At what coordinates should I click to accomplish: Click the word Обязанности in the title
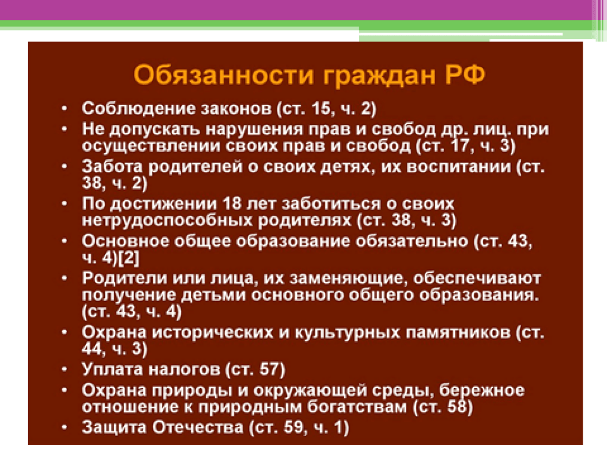pyautogui.click(x=223, y=75)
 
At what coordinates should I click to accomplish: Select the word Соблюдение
pyautogui.click(x=138, y=108)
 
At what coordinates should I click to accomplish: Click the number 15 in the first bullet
pyautogui.click(x=321, y=108)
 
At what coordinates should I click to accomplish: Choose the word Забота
pyautogui.click(x=113, y=166)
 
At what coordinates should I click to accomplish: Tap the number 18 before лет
pyautogui.click(x=232, y=204)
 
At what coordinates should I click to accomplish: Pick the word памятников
pyautogui.click(x=455, y=332)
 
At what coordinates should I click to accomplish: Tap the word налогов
pyautogui.click(x=184, y=370)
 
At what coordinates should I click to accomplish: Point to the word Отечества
pyautogui.click(x=197, y=428)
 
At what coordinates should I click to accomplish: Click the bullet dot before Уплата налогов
pyautogui.click(x=64, y=370)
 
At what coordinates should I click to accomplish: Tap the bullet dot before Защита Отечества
pyautogui.click(x=64, y=428)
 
